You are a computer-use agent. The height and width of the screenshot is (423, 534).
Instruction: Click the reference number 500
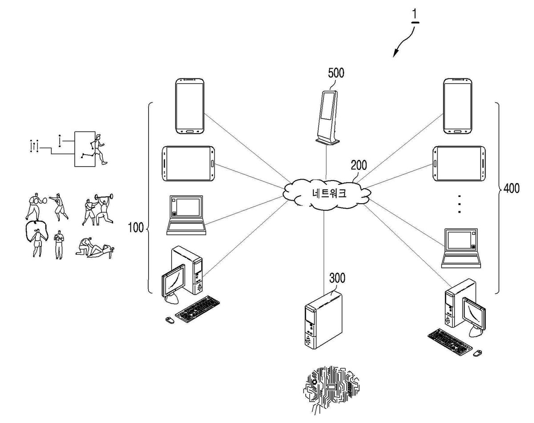coord(336,73)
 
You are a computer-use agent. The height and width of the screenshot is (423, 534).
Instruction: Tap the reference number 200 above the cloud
coord(359,165)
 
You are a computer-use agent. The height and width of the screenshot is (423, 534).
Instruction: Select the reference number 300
coord(337,278)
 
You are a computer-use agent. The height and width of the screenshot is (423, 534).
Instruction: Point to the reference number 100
coord(136,227)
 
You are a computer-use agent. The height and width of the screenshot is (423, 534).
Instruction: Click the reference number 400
coord(511,188)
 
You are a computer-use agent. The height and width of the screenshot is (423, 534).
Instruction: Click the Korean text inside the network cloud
coord(329,193)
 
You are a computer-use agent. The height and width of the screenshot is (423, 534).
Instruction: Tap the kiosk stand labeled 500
coord(328,117)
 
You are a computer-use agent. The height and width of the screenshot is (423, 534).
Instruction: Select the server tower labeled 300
coord(324,320)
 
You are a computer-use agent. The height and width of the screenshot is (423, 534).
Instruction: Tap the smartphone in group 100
coord(190,106)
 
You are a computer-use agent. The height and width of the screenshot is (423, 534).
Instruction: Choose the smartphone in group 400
coord(457,106)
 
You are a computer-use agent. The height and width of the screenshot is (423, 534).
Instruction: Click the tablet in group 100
coord(188,164)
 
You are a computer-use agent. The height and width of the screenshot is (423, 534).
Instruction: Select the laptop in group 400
coord(461,248)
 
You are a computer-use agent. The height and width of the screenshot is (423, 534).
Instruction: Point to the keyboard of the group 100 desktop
coord(198,309)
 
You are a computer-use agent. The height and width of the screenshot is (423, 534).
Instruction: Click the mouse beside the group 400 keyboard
coord(477,353)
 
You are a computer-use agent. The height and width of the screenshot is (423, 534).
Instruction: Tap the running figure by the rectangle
coord(98,149)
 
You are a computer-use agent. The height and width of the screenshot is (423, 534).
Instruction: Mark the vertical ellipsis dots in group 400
coord(459,204)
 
